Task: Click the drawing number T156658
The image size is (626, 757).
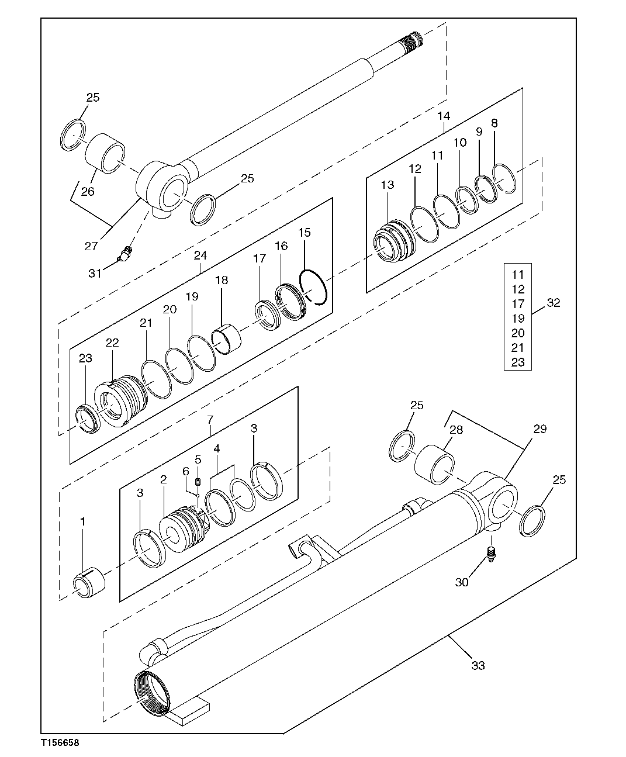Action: point(60,743)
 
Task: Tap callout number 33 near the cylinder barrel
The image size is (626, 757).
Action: point(478,665)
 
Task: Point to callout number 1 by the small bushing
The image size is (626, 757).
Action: point(82,521)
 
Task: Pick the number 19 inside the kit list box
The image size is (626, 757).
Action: point(517,319)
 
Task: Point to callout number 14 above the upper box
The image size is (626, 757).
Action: point(444,116)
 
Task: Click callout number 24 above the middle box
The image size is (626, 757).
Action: point(200,256)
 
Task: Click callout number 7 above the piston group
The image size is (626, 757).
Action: point(210,419)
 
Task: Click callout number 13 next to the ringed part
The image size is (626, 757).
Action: point(387,185)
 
